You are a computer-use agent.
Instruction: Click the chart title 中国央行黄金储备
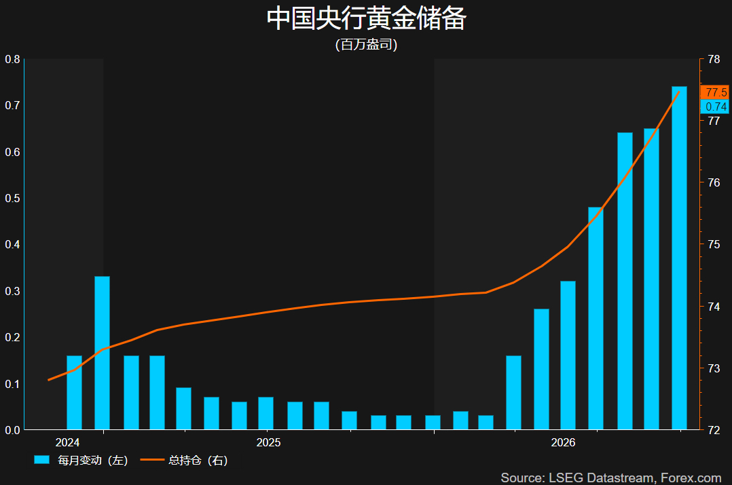pyautogui.click(x=367, y=19)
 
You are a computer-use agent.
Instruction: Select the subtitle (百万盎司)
pyautogui.click(x=367, y=44)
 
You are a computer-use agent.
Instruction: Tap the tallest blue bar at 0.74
pyautogui.click(x=679, y=258)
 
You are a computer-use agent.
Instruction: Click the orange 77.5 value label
pyautogui.click(x=715, y=92)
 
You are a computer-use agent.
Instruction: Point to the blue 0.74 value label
pyautogui.click(x=715, y=106)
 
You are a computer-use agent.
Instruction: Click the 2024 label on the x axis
pyautogui.click(x=67, y=442)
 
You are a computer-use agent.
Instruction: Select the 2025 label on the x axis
pyautogui.click(x=268, y=442)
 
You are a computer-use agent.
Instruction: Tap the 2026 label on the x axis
pyautogui.click(x=563, y=442)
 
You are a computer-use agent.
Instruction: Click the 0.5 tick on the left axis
pyautogui.click(x=13, y=198)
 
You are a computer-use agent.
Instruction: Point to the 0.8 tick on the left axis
pyautogui.click(x=13, y=59)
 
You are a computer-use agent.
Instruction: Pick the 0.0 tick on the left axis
pyautogui.click(x=13, y=430)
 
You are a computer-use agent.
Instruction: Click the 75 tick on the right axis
pyautogui.click(x=714, y=244)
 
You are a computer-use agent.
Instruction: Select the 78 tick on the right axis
pyautogui.click(x=714, y=59)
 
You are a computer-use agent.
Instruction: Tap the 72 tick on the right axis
pyautogui.click(x=714, y=430)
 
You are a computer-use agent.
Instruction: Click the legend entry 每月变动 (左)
pyautogui.click(x=81, y=461)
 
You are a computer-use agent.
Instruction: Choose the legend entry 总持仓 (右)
pyautogui.click(x=185, y=461)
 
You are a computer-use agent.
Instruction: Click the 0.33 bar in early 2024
pyautogui.click(x=103, y=353)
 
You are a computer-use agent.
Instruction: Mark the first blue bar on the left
pyautogui.click(x=74, y=392)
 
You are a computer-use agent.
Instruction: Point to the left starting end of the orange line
pyautogui.click(x=49, y=380)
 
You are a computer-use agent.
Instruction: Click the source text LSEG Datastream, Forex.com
pyautogui.click(x=635, y=478)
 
